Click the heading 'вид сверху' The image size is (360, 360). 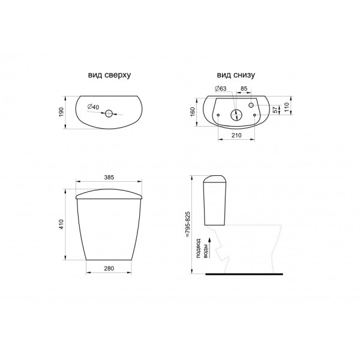[x=109, y=75]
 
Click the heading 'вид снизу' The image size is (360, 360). [x=236, y=75]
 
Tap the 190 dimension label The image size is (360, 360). [x=61, y=112]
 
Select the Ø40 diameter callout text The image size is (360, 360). [x=93, y=107]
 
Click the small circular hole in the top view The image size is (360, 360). [x=109, y=113]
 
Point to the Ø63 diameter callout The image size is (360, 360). [x=220, y=88]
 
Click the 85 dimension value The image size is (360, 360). [x=244, y=88]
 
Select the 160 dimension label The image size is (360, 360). [x=193, y=112]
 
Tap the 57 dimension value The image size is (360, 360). [x=275, y=110]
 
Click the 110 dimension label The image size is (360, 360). [x=286, y=107]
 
